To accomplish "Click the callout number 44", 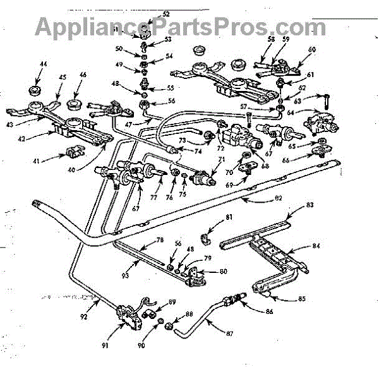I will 44,64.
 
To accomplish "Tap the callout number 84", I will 315,246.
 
